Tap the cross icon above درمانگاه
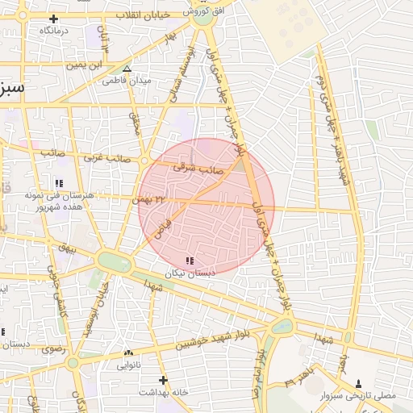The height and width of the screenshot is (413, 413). click(x=54, y=18)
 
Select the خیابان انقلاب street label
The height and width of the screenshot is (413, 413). click(x=142, y=15)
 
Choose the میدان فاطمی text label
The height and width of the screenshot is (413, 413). click(x=128, y=81)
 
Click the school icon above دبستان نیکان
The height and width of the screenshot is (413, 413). click(x=190, y=261)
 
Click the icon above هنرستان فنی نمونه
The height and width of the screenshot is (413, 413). click(x=60, y=183)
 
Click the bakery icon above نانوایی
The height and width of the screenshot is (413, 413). click(x=128, y=353)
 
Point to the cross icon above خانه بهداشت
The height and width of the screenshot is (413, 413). click(x=163, y=379)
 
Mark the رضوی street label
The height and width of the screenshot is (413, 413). click(x=52, y=349)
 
